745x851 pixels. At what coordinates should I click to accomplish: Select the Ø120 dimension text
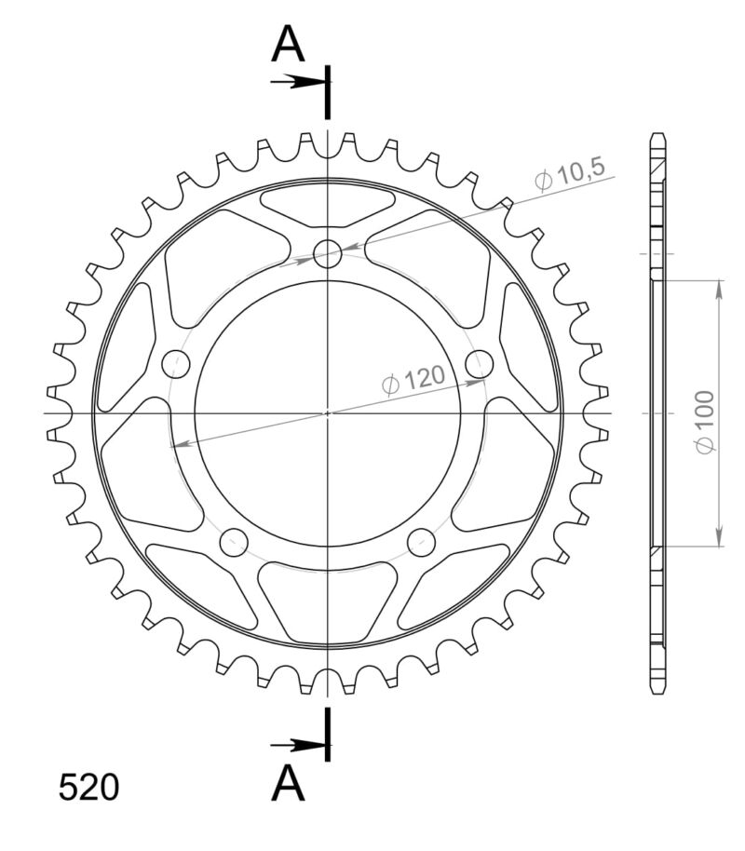pos(413,379)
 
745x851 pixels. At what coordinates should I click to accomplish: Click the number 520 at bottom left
pos(88,788)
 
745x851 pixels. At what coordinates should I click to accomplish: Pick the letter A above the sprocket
pos(289,45)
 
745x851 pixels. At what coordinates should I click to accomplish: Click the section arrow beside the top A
pos(298,82)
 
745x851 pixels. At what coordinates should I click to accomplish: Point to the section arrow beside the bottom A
pos(298,745)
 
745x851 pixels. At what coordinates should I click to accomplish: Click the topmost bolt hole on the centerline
pos(328,253)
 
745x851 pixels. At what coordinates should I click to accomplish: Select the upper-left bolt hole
pos(176,363)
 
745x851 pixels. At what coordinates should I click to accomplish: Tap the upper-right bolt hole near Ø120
pos(479,364)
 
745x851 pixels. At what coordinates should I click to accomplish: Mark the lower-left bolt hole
pos(234,541)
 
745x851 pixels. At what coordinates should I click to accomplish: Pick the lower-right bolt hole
pos(422,541)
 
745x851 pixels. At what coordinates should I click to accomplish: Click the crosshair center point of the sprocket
pos(328,412)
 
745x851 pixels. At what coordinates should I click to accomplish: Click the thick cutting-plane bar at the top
pos(328,93)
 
